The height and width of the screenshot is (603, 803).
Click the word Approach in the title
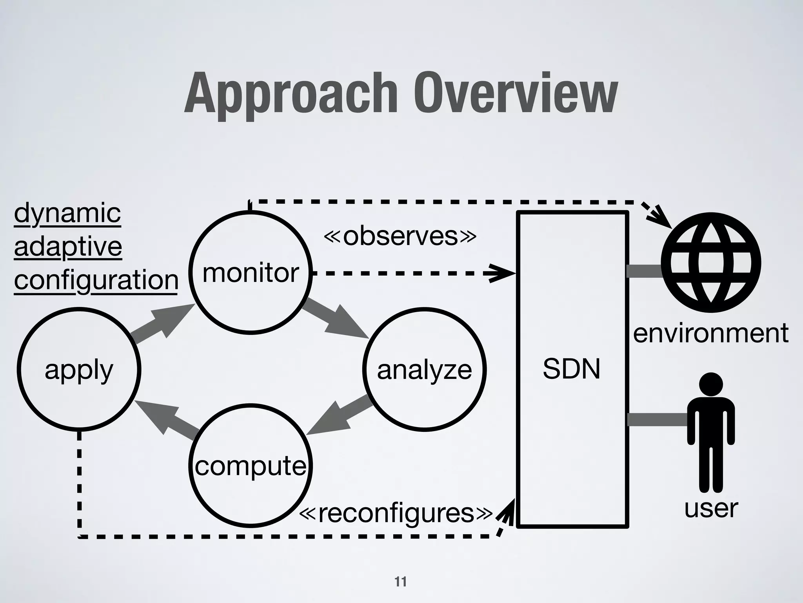[x=289, y=94]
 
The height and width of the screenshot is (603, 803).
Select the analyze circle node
[x=424, y=370]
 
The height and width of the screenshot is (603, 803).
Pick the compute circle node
[x=251, y=466]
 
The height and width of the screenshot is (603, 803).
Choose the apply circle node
[x=79, y=370]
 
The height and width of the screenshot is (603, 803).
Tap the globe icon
[x=711, y=262]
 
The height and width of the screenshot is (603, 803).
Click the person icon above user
[x=711, y=432]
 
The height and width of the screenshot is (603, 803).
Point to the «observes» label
[x=400, y=236]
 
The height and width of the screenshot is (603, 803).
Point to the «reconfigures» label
[x=396, y=513]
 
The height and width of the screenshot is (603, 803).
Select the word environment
[x=710, y=333]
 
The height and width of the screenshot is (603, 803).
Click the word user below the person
[x=711, y=508]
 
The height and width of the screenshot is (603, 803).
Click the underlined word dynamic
[x=67, y=214]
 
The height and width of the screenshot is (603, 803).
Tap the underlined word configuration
[x=96, y=280]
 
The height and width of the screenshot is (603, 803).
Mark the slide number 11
[x=401, y=581]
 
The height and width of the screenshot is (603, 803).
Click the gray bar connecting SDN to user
[x=658, y=419]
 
